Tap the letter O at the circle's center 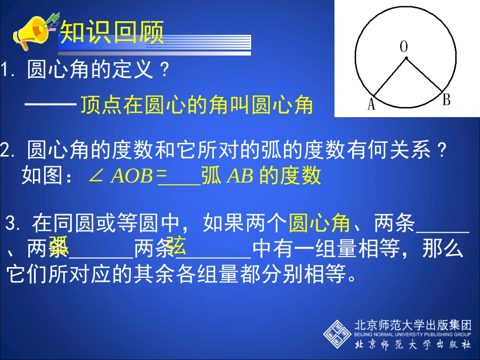point(404,47)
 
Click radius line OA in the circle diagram point(390,77)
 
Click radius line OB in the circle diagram point(423,75)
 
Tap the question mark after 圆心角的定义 point(163,70)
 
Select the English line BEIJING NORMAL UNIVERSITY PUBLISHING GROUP point(413,334)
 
